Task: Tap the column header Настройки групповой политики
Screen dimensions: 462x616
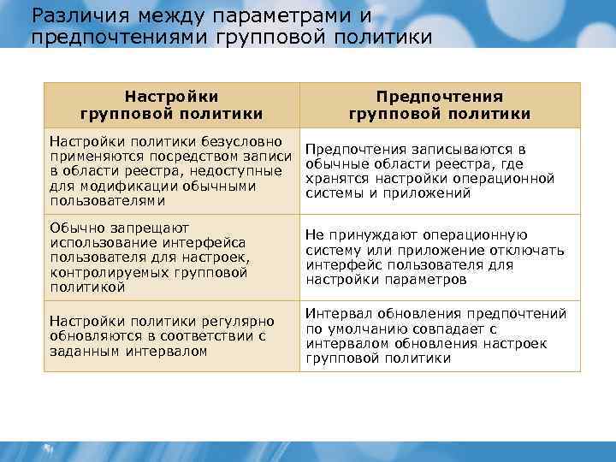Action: pyautogui.click(x=172, y=105)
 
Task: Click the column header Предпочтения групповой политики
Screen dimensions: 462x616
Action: pyautogui.click(x=440, y=105)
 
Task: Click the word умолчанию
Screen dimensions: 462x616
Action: pyautogui.click(x=364, y=329)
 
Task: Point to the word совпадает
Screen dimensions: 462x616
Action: pyautogui.click(x=452, y=329)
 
